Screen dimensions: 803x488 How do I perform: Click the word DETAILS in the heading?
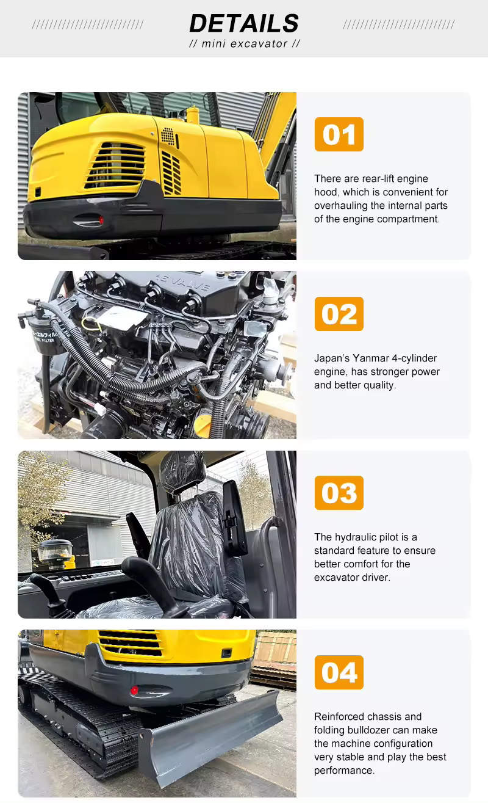click(x=244, y=24)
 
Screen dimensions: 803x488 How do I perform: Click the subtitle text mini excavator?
click(x=244, y=44)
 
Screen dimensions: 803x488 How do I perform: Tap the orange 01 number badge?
click(x=339, y=134)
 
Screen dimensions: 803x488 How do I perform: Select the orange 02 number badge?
click(x=339, y=314)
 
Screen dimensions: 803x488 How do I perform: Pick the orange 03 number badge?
click(x=339, y=493)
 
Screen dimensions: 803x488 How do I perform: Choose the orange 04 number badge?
click(x=339, y=672)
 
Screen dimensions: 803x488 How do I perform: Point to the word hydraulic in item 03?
click(x=356, y=537)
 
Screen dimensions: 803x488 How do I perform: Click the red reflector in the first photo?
click(x=101, y=220)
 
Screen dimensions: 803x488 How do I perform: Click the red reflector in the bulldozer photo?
click(x=134, y=690)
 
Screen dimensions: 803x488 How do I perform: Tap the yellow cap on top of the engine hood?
click(x=193, y=114)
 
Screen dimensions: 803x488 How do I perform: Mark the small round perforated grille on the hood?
click(x=168, y=137)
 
